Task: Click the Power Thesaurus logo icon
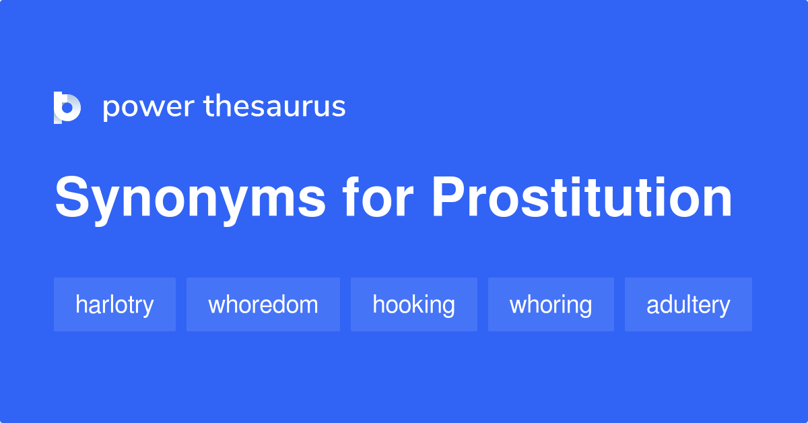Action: coord(67,108)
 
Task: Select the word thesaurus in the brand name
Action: coord(275,106)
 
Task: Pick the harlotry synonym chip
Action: coord(114,304)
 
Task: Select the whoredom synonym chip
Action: coord(263,304)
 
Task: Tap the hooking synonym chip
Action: coord(413,304)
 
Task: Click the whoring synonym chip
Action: coord(551,304)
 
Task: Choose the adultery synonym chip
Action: coord(688,304)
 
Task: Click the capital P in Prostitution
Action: coord(449,197)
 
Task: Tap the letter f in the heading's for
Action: coord(353,197)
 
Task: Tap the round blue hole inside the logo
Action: coord(67,108)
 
